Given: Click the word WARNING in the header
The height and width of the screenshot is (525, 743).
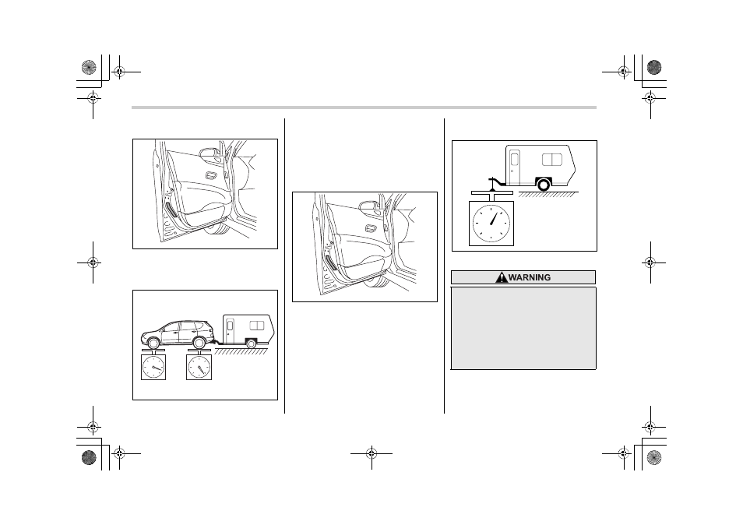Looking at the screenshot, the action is click(530, 277).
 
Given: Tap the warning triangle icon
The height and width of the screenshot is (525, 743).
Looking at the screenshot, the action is click(502, 277).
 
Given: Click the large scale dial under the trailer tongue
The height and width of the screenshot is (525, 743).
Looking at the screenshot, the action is click(491, 224).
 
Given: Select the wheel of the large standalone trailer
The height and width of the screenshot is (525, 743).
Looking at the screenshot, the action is click(544, 185).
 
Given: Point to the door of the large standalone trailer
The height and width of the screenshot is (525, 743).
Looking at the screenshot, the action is click(515, 167).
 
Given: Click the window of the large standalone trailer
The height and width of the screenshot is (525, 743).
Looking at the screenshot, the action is click(552, 159).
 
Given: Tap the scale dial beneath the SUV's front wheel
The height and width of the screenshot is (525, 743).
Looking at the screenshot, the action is click(153, 367).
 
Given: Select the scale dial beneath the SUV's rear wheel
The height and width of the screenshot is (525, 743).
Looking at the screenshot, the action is click(199, 367).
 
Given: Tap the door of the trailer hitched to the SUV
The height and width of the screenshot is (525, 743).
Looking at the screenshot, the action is click(231, 331).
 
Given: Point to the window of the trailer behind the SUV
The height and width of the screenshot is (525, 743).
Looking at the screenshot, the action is click(257, 326).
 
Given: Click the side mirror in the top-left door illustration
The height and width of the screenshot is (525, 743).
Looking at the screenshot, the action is click(207, 153).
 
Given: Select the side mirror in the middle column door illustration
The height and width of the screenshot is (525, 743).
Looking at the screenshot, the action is click(368, 206).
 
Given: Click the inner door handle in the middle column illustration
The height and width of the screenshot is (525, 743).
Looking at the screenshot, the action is click(371, 229).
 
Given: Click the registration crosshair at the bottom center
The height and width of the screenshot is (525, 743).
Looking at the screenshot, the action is click(371, 454).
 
